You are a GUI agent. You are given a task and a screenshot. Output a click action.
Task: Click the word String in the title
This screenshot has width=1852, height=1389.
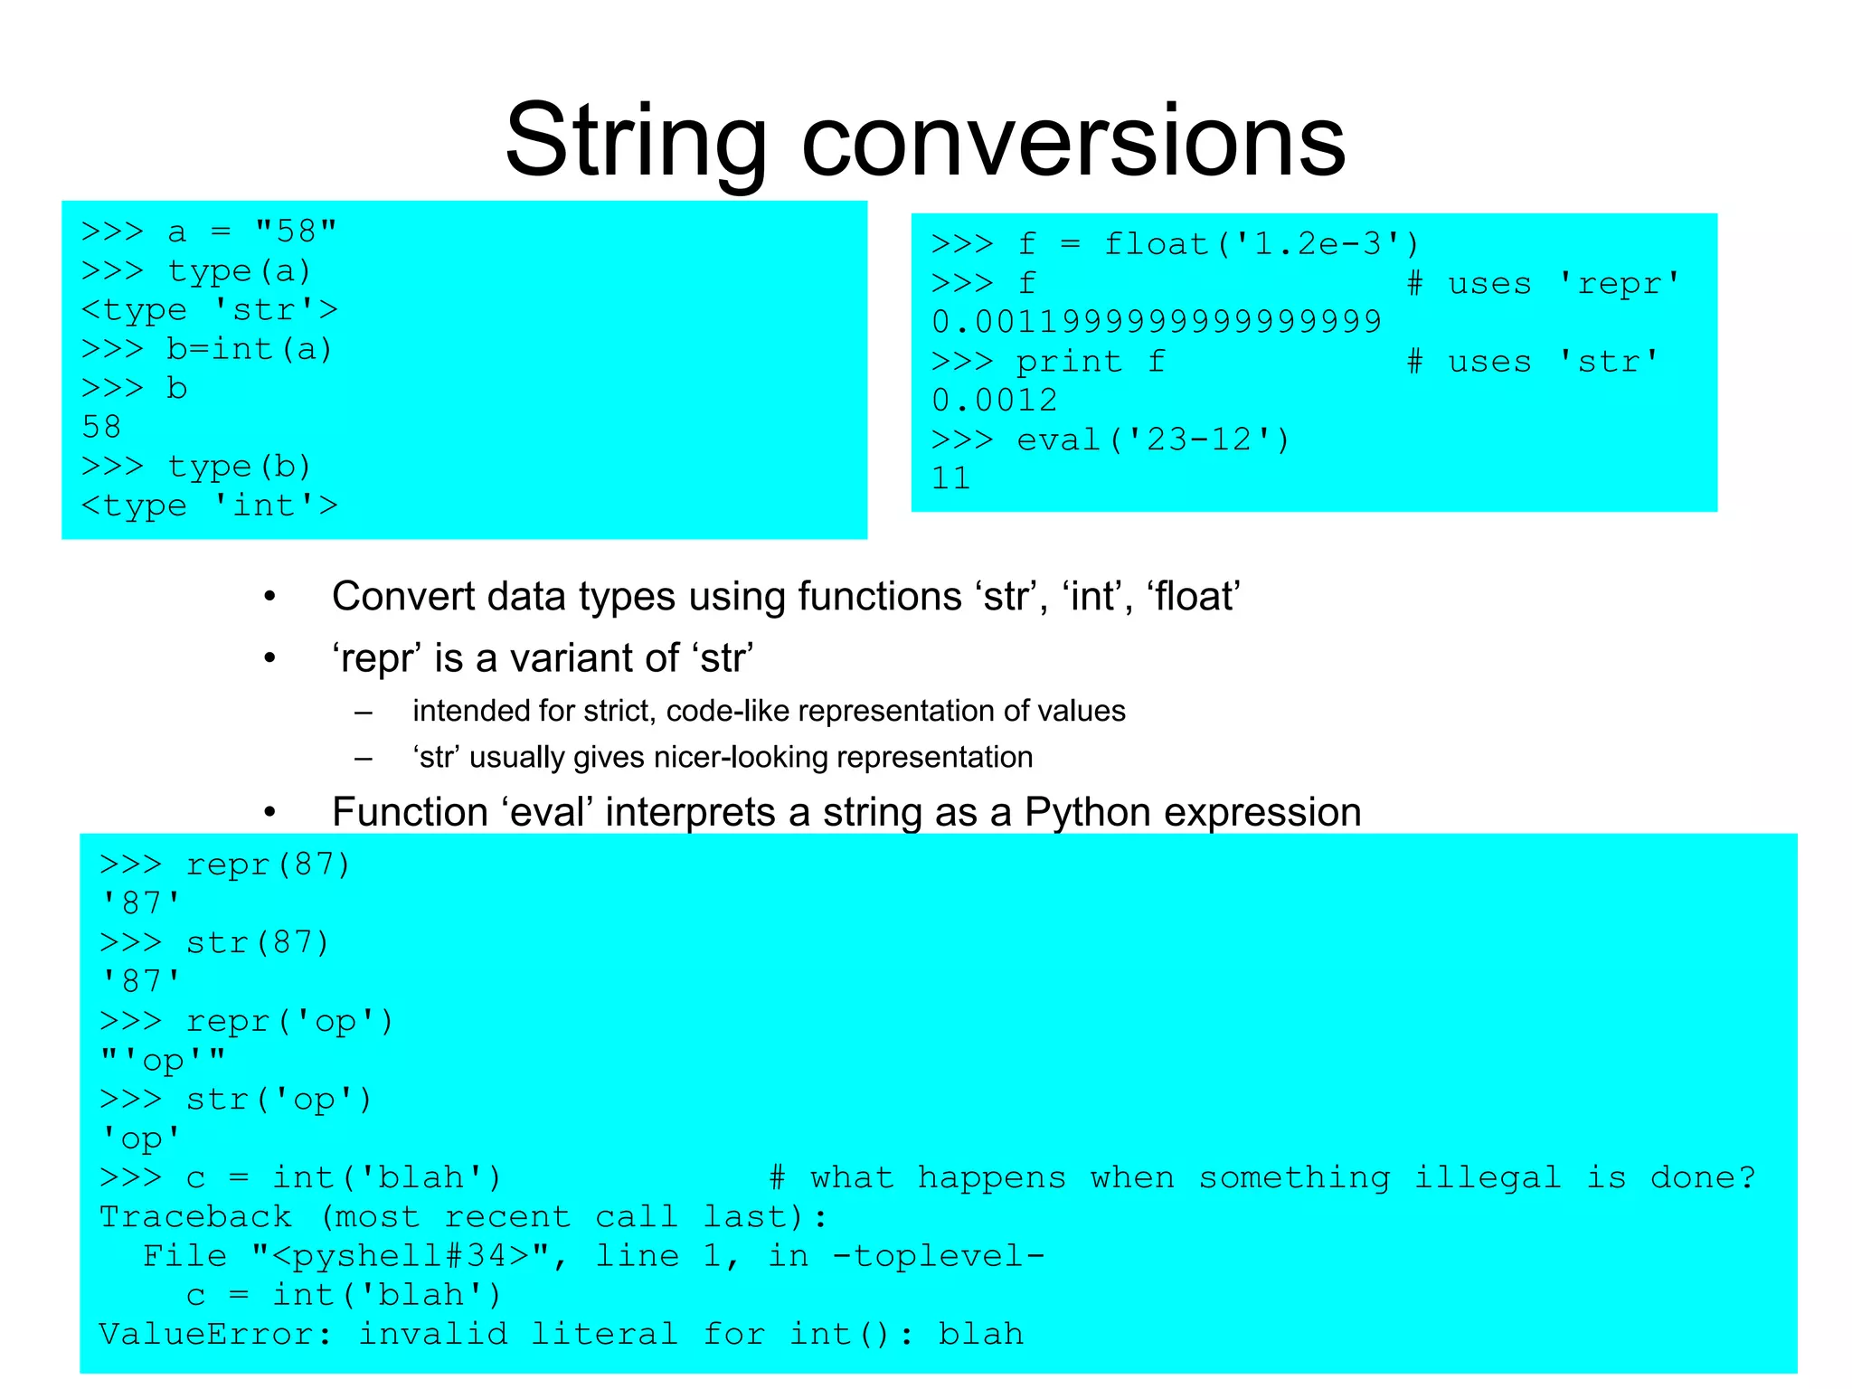pos(636,142)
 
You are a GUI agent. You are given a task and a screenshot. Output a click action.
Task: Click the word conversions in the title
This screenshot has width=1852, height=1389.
pos(1073,142)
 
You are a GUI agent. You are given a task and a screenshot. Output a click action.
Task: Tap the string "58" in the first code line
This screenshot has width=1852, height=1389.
pos(296,231)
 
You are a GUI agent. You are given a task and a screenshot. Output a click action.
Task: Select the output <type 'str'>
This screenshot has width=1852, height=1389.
pos(209,310)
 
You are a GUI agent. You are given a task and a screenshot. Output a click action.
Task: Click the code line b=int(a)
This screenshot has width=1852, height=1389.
pos(250,349)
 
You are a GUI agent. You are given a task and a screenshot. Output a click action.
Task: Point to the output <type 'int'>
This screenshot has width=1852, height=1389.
pos(209,506)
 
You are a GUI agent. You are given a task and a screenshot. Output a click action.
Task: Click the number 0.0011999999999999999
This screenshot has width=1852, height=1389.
pos(1157,322)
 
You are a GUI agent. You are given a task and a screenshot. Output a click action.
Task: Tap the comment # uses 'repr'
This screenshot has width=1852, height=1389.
pos(1544,284)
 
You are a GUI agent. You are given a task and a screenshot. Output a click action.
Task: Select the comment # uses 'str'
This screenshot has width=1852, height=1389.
pos(1533,362)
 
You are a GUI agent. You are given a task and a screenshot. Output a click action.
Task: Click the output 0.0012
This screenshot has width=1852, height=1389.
pos(994,401)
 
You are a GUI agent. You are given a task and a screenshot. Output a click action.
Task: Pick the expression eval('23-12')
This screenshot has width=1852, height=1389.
pos(1153,440)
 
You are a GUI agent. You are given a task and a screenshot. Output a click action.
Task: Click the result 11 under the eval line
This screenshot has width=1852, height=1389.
pos(950,478)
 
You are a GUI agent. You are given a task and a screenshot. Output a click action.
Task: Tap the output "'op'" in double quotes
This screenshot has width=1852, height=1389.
pos(163,1060)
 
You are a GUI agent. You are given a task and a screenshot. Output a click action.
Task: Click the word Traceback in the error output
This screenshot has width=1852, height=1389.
pos(195,1217)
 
